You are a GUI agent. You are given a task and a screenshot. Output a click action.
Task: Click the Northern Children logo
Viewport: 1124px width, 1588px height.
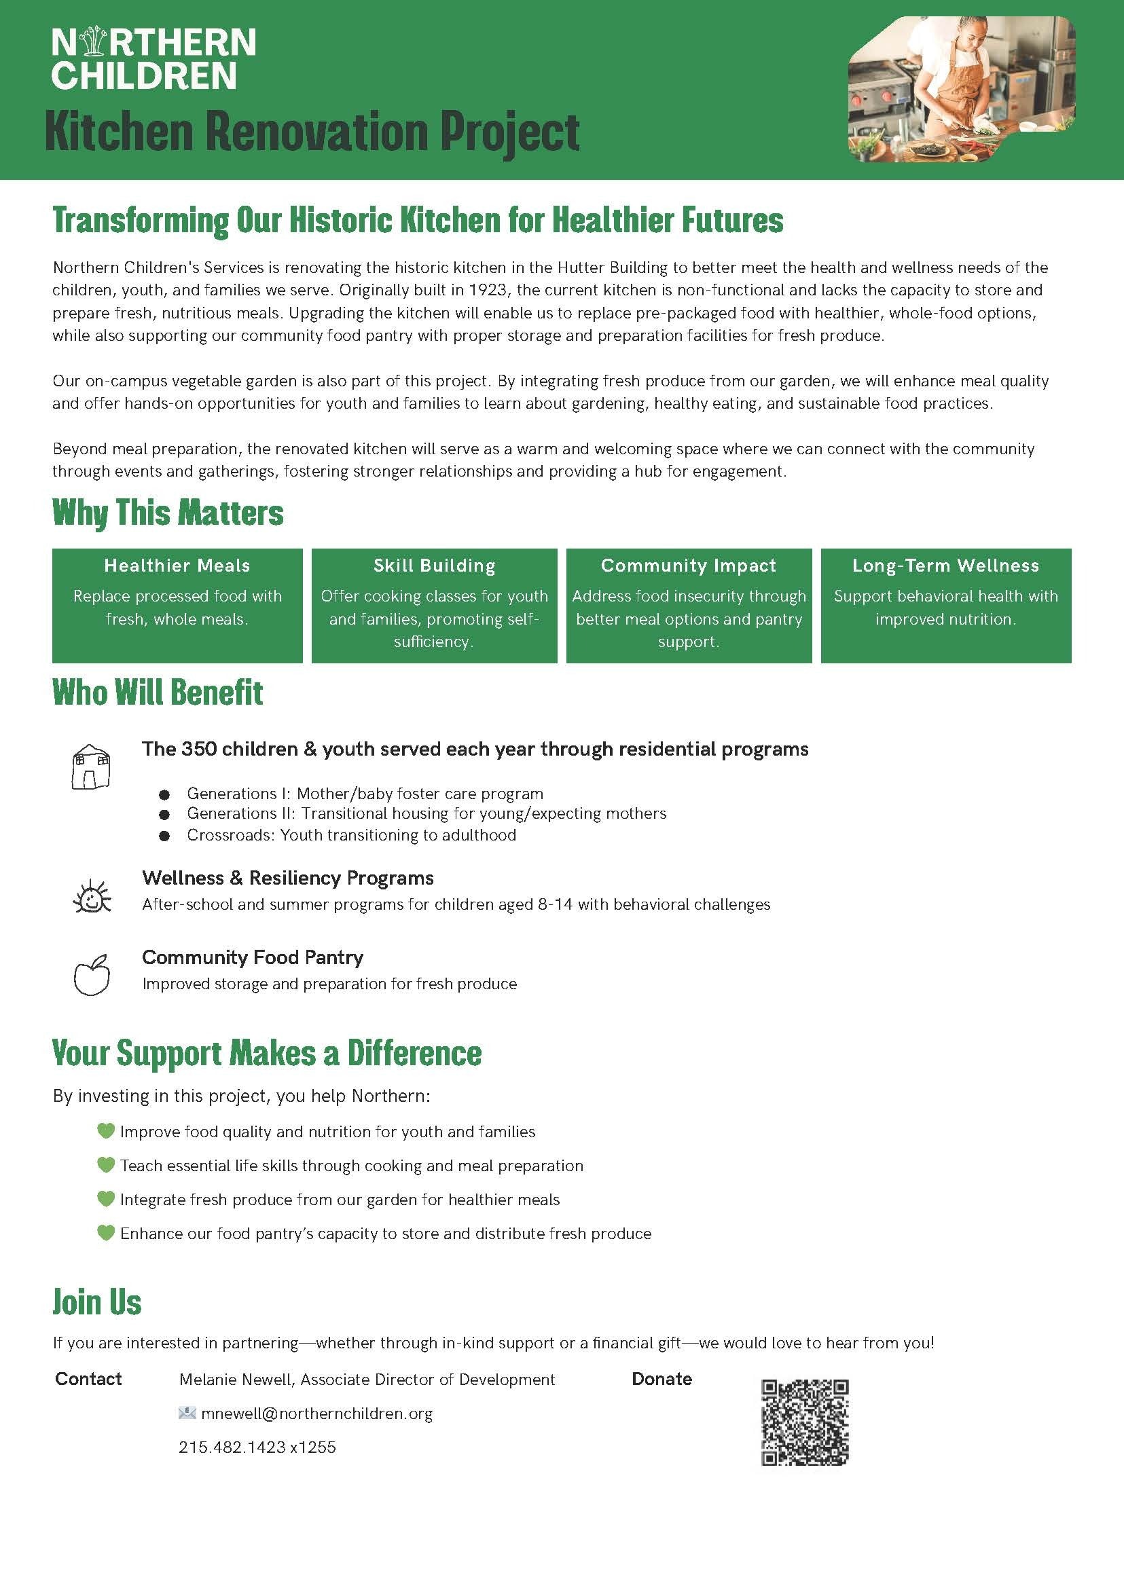153,58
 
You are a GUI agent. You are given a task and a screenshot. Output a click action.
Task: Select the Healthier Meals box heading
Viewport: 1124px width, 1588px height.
177,566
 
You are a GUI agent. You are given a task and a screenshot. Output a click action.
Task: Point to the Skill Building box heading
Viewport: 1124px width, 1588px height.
434,566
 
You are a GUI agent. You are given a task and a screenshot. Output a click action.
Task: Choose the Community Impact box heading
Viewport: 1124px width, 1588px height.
688,566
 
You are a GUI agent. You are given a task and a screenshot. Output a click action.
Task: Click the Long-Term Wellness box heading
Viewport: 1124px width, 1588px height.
945,566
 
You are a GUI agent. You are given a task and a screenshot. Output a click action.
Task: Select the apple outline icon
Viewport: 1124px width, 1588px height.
92,975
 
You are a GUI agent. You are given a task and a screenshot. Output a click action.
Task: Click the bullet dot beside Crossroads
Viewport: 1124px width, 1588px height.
165,836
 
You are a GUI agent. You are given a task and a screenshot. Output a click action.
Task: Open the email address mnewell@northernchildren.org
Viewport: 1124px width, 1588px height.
316,1414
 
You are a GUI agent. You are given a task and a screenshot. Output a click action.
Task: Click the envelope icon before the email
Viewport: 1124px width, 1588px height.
187,1413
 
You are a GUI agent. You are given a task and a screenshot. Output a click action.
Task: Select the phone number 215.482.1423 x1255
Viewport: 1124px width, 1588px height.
257,1447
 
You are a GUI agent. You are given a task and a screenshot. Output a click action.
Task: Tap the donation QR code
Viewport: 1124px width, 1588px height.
804,1422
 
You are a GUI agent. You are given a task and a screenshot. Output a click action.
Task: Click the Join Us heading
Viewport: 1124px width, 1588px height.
97,1302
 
